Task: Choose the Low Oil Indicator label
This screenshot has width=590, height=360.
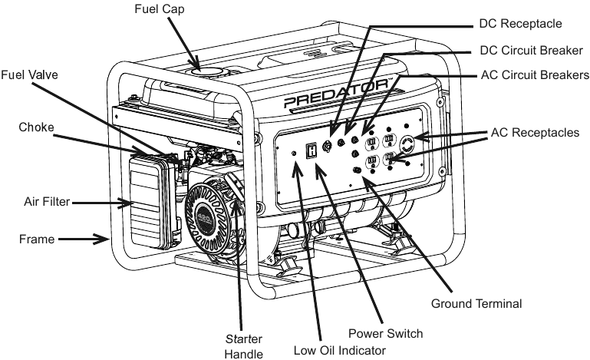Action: click(x=340, y=350)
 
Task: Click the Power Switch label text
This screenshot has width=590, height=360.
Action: click(x=385, y=333)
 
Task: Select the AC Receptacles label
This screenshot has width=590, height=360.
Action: click(x=535, y=133)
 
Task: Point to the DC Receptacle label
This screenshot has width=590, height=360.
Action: click(x=520, y=23)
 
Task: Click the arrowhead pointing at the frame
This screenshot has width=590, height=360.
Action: click(x=104, y=239)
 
